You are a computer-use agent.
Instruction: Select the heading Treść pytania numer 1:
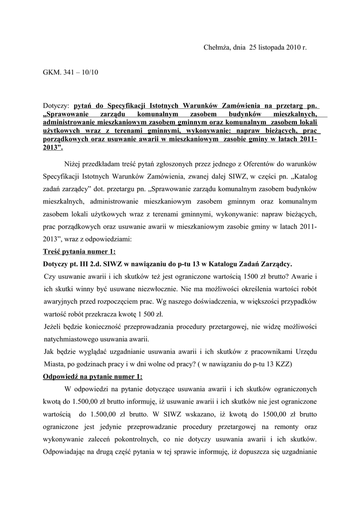click(x=80, y=252)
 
